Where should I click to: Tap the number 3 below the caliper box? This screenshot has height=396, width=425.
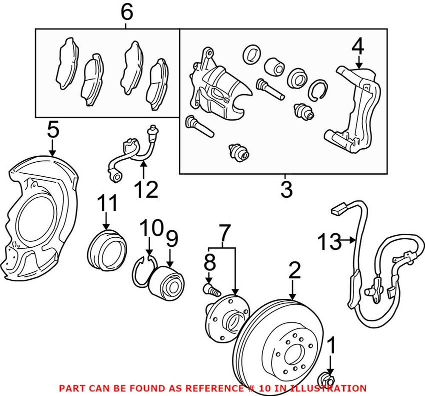click(285, 189)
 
